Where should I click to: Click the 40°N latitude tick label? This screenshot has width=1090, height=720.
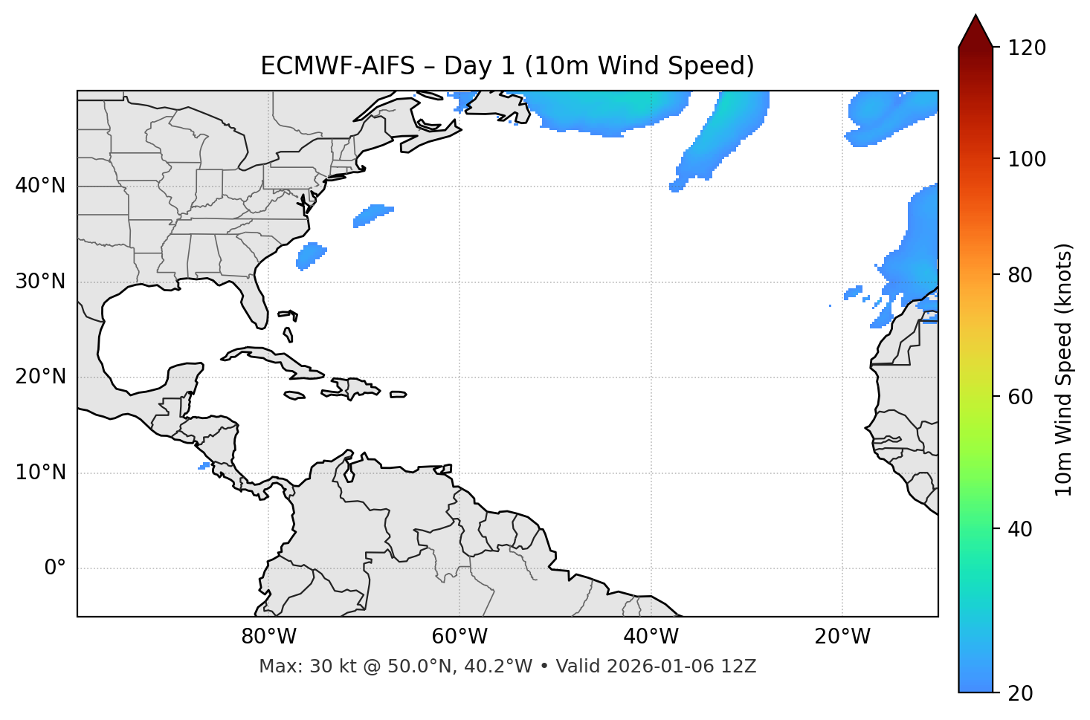click(x=40, y=186)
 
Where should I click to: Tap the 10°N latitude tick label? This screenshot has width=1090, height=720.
click(x=40, y=473)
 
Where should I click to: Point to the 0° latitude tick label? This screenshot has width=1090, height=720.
click(x=55, y=568)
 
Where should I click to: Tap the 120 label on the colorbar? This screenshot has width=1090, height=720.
click(x=1027, y=48)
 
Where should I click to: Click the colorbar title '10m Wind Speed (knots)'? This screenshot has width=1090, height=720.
click(x=1064, y=369)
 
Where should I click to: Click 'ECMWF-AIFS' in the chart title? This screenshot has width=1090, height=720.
click(x=339, y=66)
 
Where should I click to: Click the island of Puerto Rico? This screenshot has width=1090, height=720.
click(x=399, y=395)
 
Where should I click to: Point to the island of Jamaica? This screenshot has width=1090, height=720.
click(x=294, y=395)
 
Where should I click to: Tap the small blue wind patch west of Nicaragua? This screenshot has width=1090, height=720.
click(x=204, y=466)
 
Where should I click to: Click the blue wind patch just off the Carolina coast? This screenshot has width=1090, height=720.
click(x=311, y=255)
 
